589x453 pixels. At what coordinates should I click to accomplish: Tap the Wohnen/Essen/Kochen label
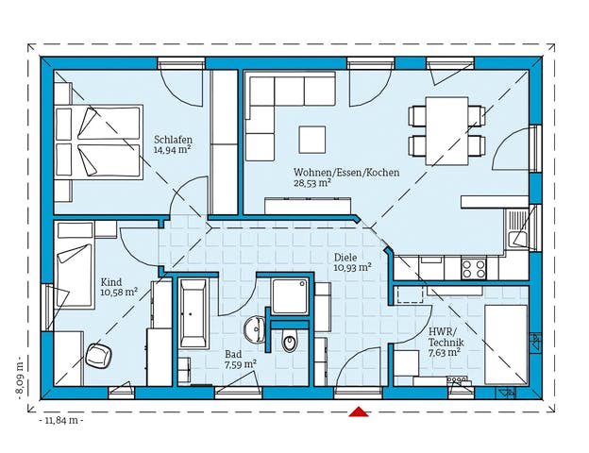click(345, 173)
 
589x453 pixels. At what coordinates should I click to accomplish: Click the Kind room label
click(111, 280)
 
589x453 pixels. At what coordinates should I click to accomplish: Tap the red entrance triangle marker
click(359, 411)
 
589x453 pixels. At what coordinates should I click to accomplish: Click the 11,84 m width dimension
click(62, 420)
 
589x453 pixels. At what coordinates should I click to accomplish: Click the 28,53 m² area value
click(311, 184)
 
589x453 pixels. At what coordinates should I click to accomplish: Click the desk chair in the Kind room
click(96, 356)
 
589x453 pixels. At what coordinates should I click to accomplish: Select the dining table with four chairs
click(446, 129)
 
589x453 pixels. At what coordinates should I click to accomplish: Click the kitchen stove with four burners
click(475, 269)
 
